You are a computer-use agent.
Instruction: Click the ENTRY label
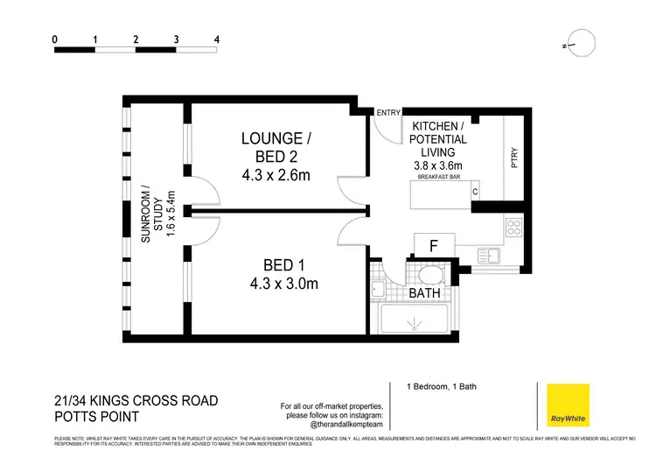tap(387, 112)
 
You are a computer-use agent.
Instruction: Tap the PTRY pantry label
tap(515, 158)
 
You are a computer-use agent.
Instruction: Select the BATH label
tap(424, 293)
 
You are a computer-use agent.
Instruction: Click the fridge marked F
tap(433, 246)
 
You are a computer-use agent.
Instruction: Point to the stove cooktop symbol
tap(513, 228)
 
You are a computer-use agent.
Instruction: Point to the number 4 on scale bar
tap(216, 39)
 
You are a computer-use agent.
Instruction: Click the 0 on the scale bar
tap(55, 39)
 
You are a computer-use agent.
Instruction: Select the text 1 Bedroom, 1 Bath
tap(440, 387)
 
